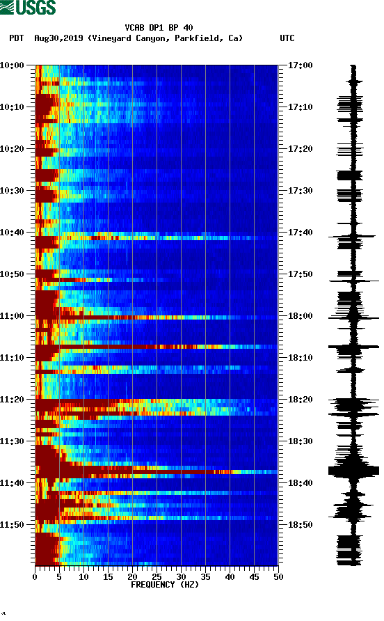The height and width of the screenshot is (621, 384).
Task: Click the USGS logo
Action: pos(29,8)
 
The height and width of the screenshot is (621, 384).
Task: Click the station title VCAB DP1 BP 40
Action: pos(159,28)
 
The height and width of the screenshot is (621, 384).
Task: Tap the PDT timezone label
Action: pos(16,38)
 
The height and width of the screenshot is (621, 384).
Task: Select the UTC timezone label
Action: pos(287,38)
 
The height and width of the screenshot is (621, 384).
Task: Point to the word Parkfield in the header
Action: pos(193,38)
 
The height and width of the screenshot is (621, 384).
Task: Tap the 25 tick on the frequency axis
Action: pos(157,576)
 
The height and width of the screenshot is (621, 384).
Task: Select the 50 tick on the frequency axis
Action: pos(278,576)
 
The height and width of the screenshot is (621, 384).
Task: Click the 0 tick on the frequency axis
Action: pos(35,576)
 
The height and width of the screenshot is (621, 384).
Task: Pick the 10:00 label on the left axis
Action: pos(13,65)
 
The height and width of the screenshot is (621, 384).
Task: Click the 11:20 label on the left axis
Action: pos(13,399)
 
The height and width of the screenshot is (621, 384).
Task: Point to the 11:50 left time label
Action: pos(13,524)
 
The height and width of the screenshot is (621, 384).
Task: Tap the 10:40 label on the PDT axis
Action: pos(13,232)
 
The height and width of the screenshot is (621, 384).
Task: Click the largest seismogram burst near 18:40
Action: pos(353,471)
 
